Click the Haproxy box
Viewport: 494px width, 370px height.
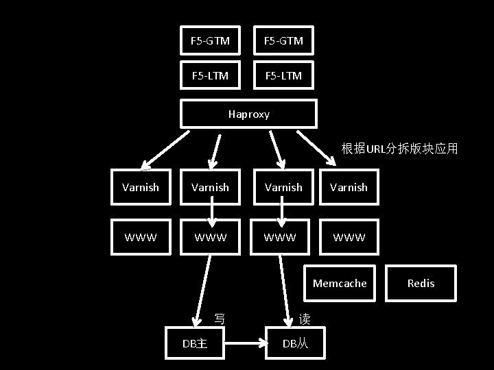click(248, 114)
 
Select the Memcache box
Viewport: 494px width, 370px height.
click(340, 283)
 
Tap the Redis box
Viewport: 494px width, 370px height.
click(421, 283)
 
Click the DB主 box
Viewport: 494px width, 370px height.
click(196, 343)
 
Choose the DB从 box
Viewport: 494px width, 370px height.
click(296, 343)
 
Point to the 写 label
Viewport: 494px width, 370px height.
click(220, 319)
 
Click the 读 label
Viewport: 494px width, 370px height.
click(305, 319)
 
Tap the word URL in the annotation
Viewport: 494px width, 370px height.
click(377, 149)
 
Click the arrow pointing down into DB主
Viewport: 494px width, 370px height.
click(204, 291)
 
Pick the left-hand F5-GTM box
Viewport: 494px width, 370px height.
click(210, 41)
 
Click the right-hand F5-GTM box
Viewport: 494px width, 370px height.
click(284, 41)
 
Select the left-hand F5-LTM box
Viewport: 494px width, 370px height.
click(210, 75)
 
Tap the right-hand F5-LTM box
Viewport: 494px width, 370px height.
click(284, 75)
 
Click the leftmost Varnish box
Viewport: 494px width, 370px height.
click(141, 187)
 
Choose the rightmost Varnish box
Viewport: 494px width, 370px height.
click(349, 187)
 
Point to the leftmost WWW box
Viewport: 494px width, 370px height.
click(141, 238)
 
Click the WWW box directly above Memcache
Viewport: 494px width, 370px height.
click(349, 238)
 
